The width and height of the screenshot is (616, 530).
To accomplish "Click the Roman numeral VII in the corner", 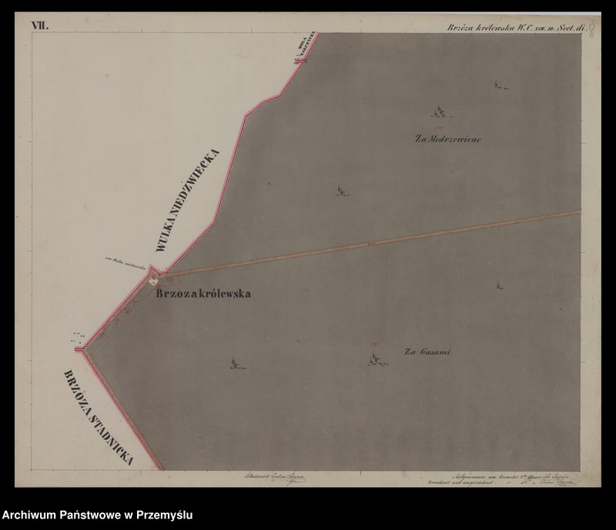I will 39,26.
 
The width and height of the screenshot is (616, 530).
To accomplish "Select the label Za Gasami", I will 427,352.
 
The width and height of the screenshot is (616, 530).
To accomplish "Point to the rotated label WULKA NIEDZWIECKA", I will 189,201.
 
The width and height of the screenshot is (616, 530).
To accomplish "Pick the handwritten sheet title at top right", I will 515,28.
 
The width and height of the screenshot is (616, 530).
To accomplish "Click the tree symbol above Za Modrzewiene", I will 440,112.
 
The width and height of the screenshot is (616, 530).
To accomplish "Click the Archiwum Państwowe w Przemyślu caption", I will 97,514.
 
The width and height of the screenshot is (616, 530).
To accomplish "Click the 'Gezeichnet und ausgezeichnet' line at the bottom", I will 461,486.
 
